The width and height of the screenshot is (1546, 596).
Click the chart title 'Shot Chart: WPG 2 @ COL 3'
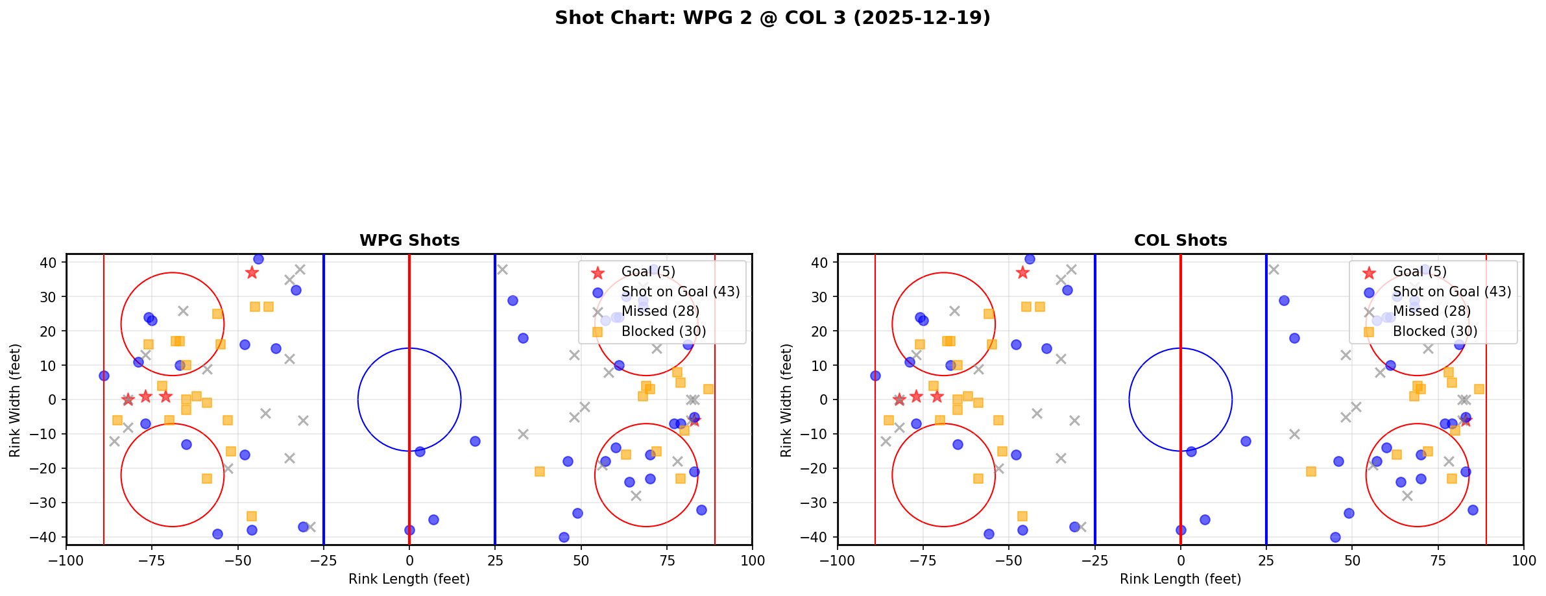point(772,18)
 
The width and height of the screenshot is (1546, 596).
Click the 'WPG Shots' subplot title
point(409,241)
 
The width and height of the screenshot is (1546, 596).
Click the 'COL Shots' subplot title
point(1180,241)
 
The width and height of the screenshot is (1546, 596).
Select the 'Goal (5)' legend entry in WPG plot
point(648,272)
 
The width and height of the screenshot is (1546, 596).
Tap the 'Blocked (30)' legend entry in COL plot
point(1435,331)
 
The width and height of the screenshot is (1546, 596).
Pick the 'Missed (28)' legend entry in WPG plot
point(660,311)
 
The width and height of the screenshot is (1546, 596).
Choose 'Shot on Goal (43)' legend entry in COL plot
point(1452,292)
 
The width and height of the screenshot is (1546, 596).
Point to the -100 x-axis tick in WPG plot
point(66,560)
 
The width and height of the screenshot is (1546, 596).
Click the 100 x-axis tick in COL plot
point(1523,560)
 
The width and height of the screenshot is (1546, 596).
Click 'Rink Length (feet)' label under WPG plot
point(409,579)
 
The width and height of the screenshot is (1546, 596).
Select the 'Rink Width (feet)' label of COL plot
point(786,400)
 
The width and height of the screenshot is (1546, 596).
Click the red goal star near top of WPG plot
point(252,272)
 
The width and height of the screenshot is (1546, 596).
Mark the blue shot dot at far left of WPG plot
point(104,375)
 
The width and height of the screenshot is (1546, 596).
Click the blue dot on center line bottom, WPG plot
point(409,530)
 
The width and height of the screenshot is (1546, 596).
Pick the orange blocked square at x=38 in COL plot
point(1310,471)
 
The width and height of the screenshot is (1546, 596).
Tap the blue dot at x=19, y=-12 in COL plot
point(1246,441)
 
